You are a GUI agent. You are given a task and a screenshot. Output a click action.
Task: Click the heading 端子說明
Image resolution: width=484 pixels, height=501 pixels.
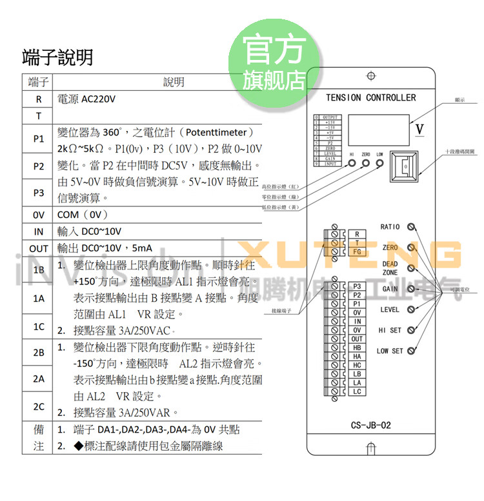pos(57,57)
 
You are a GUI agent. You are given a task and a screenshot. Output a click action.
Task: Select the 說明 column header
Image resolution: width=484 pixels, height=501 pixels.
pos(174,82)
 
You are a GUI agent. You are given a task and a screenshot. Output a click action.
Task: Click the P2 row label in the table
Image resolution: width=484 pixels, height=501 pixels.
pos(38,166)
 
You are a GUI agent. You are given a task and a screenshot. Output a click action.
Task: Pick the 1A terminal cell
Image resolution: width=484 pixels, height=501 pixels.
pos(38,299)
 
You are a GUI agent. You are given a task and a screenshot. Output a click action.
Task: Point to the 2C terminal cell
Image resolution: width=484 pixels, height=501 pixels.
pos(38,407)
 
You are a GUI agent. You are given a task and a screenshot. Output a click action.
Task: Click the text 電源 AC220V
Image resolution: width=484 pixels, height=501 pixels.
pos(86,99)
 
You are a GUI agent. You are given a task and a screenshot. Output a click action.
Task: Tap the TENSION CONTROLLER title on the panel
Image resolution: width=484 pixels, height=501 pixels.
pos(371,98)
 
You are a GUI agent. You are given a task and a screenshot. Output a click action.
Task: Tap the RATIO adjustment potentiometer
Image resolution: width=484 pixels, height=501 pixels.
pos(411,227)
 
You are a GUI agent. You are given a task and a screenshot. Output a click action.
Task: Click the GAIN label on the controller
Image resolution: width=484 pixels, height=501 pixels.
pos(390,289)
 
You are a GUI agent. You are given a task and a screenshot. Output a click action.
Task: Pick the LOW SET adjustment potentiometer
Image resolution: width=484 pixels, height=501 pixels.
pos(411,351)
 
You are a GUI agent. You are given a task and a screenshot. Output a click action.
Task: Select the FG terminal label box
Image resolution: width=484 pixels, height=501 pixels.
pos(357,251)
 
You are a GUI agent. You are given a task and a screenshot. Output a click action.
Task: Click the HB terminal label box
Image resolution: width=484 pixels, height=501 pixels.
pos(357,348)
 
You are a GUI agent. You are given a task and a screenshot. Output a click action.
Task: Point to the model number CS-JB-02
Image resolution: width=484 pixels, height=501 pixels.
pos(370,426)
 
